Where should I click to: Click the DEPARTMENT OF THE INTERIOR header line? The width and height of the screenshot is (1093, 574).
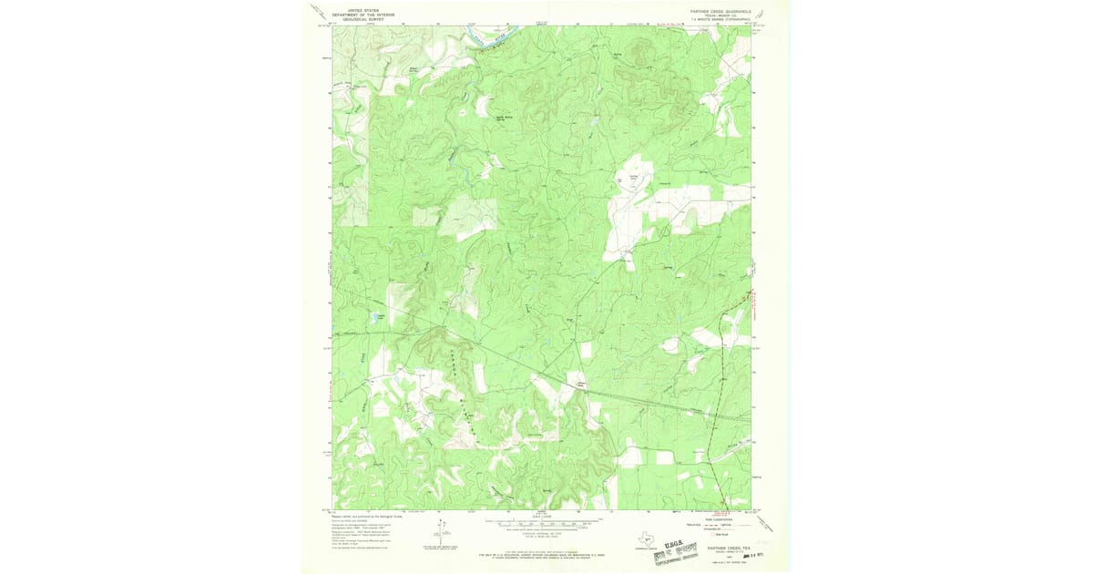coord(363,15)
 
